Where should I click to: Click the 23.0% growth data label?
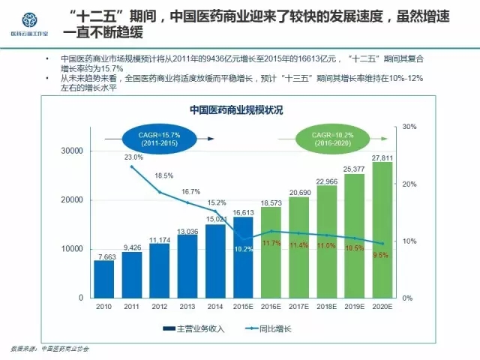(133, 157)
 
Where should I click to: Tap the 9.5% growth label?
(379, 255)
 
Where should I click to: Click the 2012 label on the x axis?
(160, 307)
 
